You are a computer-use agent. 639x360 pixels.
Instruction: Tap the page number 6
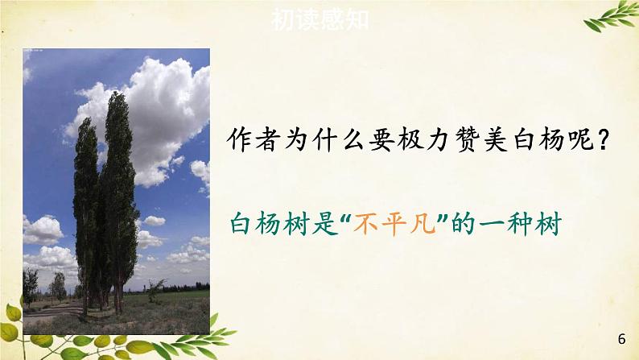pyautogui.click(x=621, y=337)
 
